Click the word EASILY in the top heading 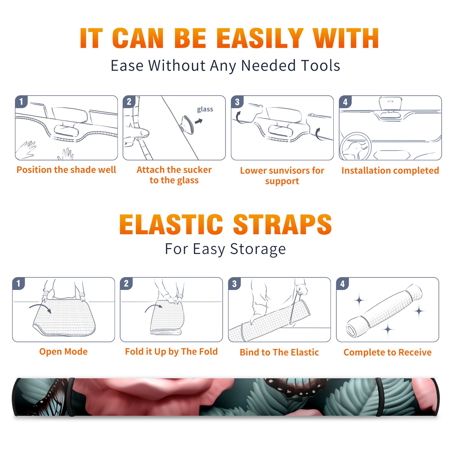click(260, 38)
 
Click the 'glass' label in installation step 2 click(205, 109)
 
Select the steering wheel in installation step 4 click(355, 146)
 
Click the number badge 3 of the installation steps click(237, 102)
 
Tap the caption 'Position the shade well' click(66, 170)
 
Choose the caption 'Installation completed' click(390, 171)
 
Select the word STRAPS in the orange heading click(283, 224)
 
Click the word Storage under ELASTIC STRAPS click(258, 249)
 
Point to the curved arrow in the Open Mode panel click(40, 307)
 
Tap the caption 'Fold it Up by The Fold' click(171, 352)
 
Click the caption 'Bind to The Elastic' click(279, 352)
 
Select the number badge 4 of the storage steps click(342, 284)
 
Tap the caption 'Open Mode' click(63, 352)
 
